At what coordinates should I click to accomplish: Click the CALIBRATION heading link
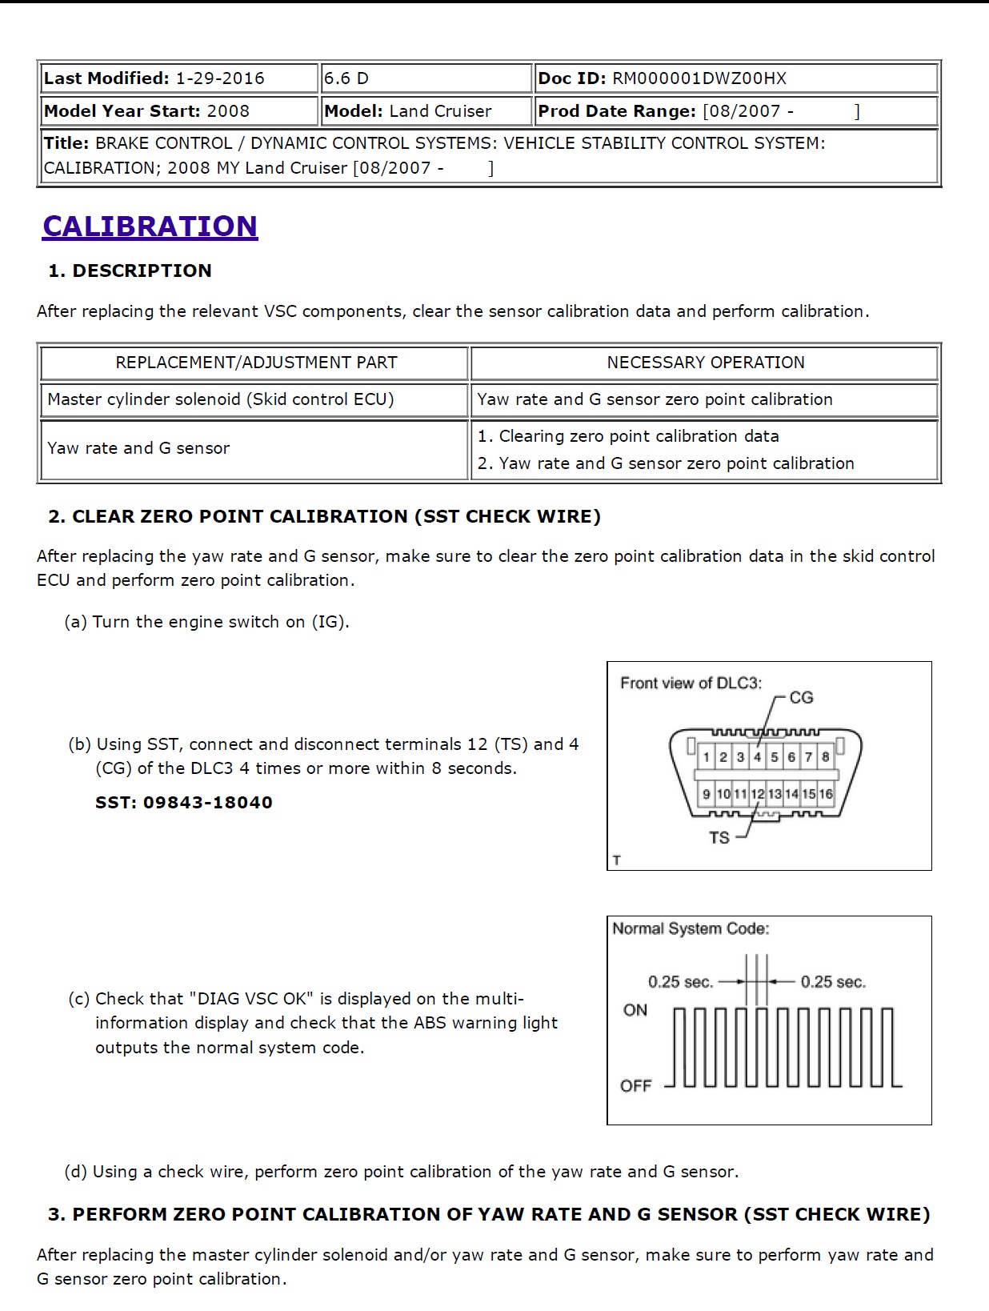(150, 226)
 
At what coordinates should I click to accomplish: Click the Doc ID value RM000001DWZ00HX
(699, 78)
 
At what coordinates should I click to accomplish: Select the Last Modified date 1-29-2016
(220, 78)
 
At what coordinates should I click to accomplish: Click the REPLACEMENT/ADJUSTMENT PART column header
(256, 363)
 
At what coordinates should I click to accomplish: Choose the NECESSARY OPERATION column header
(705, 363)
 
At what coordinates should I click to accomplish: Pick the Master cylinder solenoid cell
(220, 399)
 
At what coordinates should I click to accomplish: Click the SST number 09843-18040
(207, 803)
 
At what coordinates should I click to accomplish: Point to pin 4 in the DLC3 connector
(757, 757)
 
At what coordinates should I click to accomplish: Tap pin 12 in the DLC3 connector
(757, 794)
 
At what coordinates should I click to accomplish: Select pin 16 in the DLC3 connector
(826, 794)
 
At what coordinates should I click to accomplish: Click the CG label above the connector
(801, 698)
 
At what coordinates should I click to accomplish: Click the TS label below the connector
(719, 838)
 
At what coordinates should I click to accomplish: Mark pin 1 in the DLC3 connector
(707, 757)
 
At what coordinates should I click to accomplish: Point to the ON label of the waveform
(635, 1010)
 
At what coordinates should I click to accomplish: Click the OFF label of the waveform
(636, 1086)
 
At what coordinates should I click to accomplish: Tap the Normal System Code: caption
(691, 928)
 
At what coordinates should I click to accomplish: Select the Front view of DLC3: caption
(691, 683)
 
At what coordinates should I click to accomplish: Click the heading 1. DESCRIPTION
(130, 271)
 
